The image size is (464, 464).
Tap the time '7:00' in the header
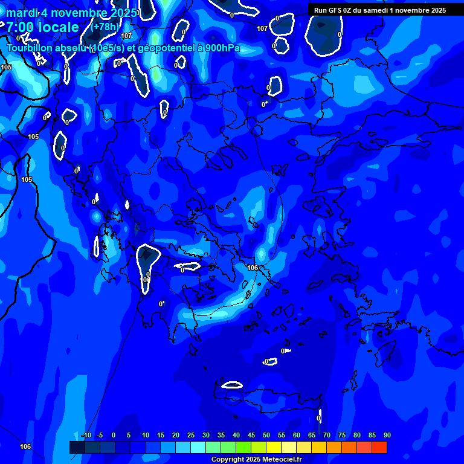[x=21, y=28]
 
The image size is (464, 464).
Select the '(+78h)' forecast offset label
[x=105, y=27]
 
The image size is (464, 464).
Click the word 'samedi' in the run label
[x=379, y=10]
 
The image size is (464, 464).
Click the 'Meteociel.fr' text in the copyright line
[x=282, y=460]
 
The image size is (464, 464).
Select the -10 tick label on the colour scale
[x=86, y=436]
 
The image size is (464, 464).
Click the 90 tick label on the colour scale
[x=387, y=436]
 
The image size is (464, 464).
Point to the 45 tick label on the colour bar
[x=251, y=436]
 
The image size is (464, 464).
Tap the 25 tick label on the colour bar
[x=191, y=436]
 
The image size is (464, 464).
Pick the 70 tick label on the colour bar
[x=327, y=436]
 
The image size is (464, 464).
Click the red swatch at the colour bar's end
[x=379, y=447]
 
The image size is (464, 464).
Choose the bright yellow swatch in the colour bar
[x=274, y=447]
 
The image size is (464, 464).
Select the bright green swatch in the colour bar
[x=243, y=447]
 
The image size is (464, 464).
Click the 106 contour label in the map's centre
[x=253, y=268]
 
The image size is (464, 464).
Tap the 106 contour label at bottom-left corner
[x=25, y=447]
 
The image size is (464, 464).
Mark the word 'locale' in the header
[x=58, y=28]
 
